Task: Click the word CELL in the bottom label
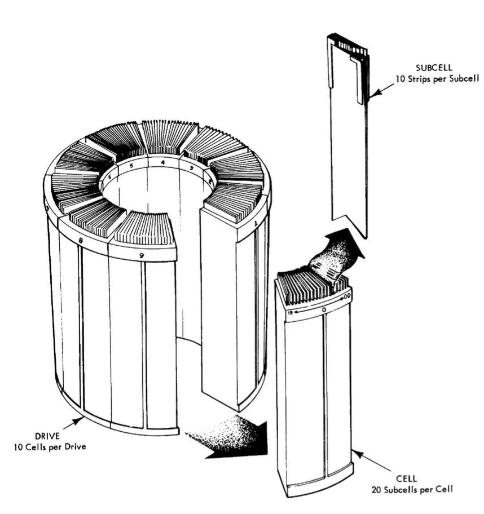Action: pos(408,477)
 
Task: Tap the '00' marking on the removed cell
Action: pos(346,295)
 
